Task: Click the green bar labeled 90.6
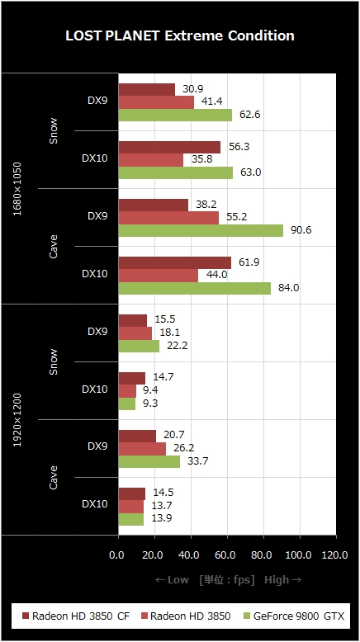click(201, 230)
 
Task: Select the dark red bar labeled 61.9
click(175, 263)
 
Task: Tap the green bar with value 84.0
click(195, 288)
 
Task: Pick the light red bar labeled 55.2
click(168, 218)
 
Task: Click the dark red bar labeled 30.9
click(147, 90)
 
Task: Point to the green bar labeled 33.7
click(149, 461)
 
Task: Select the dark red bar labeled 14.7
click(132, 378)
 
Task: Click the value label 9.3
click(150, 404)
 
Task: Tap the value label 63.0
click(251, 172)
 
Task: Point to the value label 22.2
click(177, 346)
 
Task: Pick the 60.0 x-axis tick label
click(225, 555)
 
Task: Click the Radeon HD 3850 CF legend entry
click(76, 616)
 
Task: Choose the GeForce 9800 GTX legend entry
click(294, 616)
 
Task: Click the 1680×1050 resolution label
click(17, 189)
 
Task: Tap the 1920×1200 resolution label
click(17, 420)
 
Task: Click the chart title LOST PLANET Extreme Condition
click(180, 35)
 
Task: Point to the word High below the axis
click(276, 580)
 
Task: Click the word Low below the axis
click(178, 580)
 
